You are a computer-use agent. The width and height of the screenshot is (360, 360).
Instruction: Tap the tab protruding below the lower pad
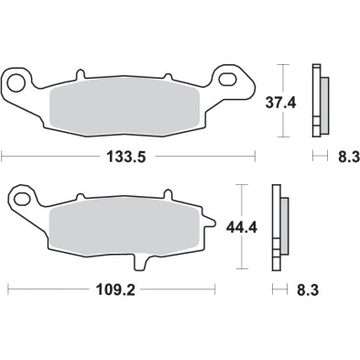coord(142,264)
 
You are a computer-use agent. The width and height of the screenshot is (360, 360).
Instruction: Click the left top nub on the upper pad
coord(80,71)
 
